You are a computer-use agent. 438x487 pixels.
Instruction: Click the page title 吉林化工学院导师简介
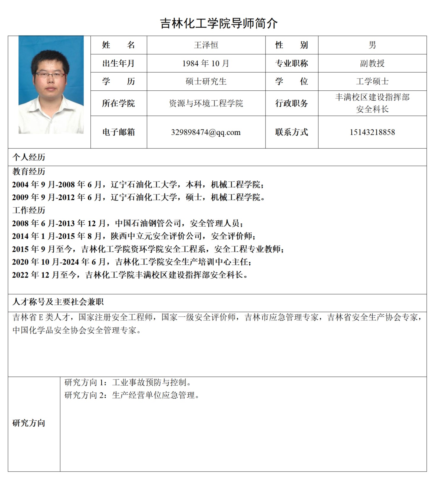219,23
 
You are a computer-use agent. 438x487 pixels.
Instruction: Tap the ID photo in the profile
51,85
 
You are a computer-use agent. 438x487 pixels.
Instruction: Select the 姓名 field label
118,45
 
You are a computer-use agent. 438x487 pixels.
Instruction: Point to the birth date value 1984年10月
206,63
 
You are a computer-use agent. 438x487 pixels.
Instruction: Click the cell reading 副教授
372,63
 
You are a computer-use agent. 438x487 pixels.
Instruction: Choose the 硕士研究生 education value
206,81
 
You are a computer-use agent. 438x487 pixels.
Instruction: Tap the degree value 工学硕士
372,81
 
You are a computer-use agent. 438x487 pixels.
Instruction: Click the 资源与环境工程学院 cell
206,103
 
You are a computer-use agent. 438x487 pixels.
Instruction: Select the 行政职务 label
292,103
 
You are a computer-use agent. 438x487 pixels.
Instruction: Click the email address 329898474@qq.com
206,132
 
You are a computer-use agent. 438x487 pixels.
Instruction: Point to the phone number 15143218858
372,132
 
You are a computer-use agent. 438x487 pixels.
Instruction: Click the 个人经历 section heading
29,157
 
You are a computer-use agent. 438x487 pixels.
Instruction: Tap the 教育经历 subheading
29,172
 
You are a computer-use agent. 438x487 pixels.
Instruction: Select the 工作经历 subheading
29,210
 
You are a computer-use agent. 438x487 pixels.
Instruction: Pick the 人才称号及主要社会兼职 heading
58,302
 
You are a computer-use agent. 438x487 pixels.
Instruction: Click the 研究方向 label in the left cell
29,423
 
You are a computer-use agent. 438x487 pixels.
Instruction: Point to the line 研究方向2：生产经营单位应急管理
132,395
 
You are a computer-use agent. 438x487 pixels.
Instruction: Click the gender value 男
372,45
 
